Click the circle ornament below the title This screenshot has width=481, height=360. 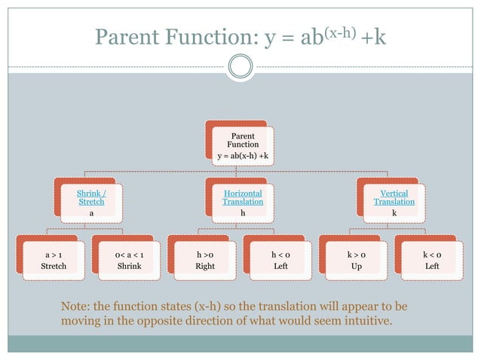pyautogui.click(x=240, y=67)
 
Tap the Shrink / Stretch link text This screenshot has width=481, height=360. pyautogui.click(x=91, y=198)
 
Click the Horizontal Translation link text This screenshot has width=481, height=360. pyautogui.click(x=243, y=198)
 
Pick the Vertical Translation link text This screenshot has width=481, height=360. pyautogui.click(x=394, y=198)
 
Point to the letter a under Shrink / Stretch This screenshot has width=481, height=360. pyautogui.click(x=91, y=213)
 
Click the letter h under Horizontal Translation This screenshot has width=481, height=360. pyautogui.click(x=243, y=213)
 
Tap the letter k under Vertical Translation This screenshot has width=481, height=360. pyautogui.click(x=394, y=213)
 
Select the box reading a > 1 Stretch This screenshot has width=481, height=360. pyautogui.click(x=54, y=261)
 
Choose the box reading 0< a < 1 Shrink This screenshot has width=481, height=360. pyautogui.click(x=129, y=261)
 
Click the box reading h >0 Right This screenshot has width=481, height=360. pyautogui.click(x=205, y=261)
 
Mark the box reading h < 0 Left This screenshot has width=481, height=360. pyautogui.click(x=280, y=261)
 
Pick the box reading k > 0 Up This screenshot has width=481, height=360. pyautogui.click(x=356, y=261)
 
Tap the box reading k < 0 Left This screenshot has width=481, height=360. pyautogui.click(x=432, y=261)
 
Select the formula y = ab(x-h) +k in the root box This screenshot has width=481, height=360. pyautogui.click(x=243, y=156)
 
